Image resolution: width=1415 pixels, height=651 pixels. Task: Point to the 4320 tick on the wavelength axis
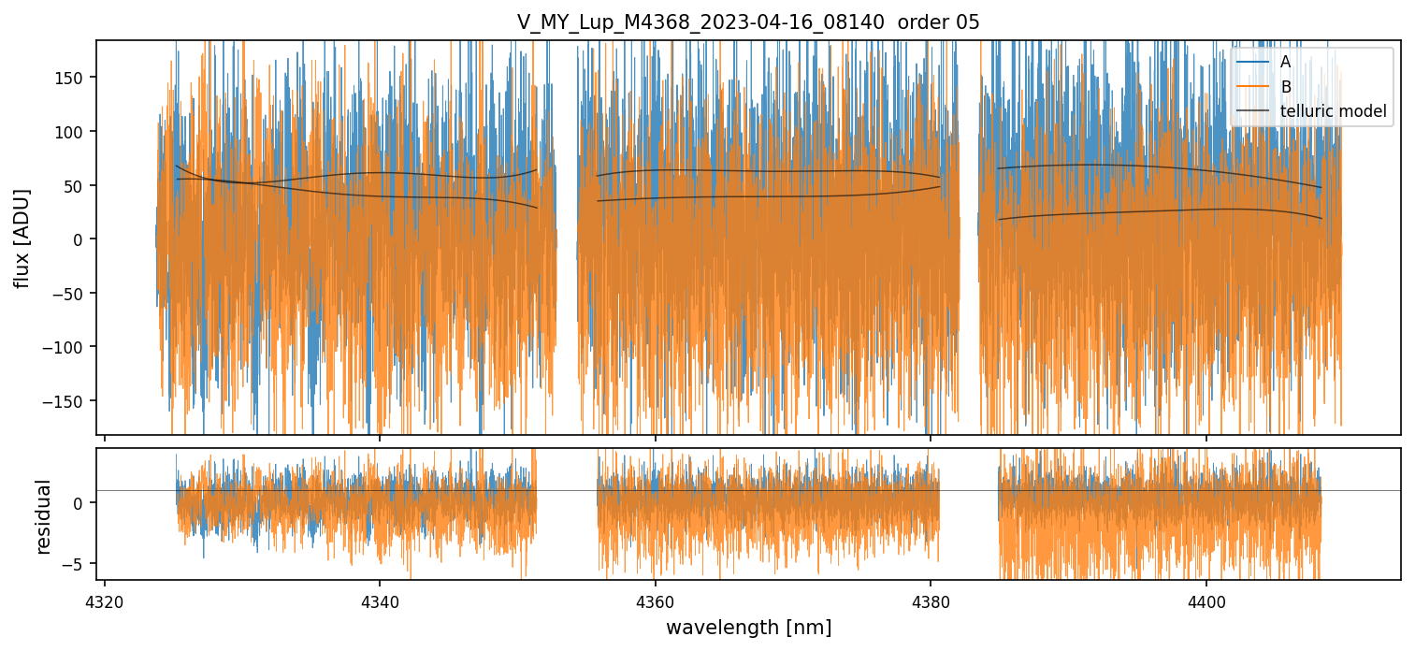click(x=104, y=599)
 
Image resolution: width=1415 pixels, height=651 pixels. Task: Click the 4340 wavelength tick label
click(x=379, y=599)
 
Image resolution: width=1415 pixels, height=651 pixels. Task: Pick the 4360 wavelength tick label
click(x=655, y=599)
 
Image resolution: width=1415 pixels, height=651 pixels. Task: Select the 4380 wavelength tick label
click(x=931, y=599)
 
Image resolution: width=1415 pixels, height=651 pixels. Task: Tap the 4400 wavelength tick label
click(x=1206, y=599)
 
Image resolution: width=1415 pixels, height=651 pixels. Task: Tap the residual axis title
click(x=44, y=516)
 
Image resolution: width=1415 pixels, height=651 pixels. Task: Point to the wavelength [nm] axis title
click(x=748, y=627)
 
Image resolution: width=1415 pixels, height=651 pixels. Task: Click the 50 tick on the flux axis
click(x=77, y=185)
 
